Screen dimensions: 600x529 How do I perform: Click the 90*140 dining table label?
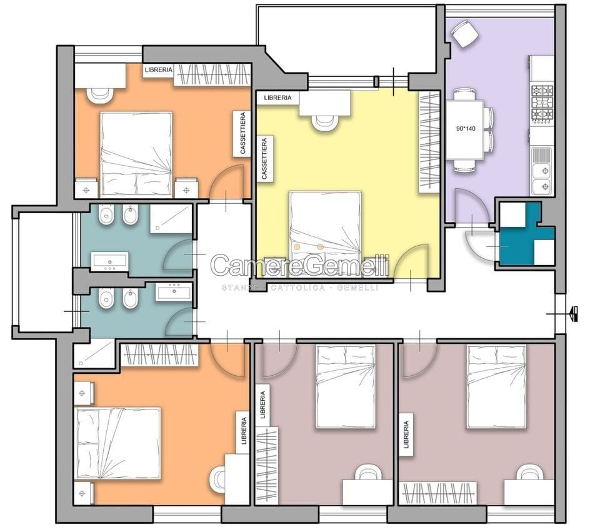(466, 129)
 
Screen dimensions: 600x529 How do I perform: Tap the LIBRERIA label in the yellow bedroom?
(277, 98)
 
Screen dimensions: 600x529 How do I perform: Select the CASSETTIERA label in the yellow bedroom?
(264, 158)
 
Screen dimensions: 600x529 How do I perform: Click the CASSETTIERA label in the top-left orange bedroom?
(242, 133)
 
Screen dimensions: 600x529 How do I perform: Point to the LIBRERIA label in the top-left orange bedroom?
(158, 70)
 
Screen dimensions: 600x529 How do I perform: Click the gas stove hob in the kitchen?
(542, 104)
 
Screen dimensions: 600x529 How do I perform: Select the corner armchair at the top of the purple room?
(464, 34)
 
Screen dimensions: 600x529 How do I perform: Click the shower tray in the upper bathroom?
(171, 219)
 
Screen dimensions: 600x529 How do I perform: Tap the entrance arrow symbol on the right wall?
(574, 313)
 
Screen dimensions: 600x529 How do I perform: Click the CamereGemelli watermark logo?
(300, 265)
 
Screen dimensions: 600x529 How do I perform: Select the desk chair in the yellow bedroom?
(325, 123)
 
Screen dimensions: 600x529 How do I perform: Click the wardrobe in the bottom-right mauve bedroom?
(438, 493)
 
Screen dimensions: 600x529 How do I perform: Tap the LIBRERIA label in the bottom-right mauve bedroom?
(406, 435)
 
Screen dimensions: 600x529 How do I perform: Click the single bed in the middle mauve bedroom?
(346, 386)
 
